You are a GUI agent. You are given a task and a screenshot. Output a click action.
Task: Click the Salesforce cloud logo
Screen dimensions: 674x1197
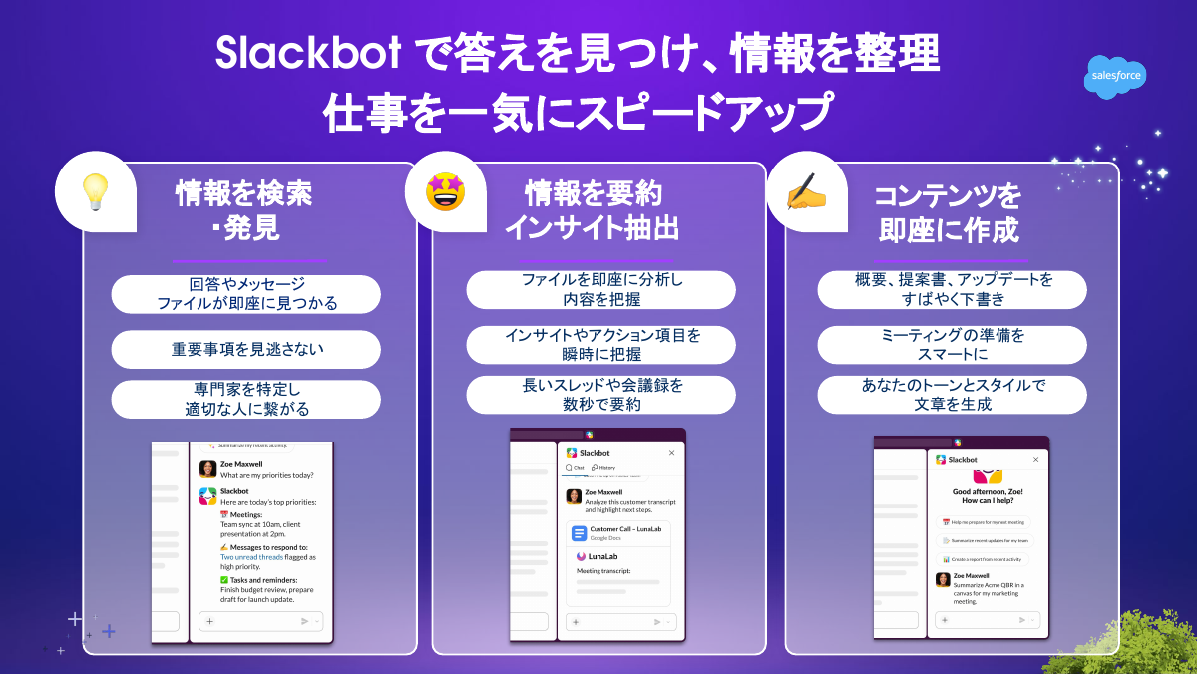click(1115, 77)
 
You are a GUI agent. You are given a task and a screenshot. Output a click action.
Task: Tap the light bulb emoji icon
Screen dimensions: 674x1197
click(95, 190)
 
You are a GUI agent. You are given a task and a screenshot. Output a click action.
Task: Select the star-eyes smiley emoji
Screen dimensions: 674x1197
click(445, 190)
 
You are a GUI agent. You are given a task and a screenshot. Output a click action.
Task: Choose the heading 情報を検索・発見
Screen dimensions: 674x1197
click(244, 210)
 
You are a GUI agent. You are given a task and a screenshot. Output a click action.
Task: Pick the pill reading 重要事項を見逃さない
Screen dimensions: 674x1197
click(246, 350)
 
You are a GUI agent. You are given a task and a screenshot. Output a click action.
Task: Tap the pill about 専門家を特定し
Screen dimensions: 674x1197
click(246, 398)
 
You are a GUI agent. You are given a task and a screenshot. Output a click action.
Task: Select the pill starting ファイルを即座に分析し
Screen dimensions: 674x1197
click(600, 290)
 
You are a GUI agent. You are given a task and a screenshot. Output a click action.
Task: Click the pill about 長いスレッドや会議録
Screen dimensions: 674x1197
click(600, 394)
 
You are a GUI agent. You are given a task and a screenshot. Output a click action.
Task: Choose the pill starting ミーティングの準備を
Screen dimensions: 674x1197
click(952, 344)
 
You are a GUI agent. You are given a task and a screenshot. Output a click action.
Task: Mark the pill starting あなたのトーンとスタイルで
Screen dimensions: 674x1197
click(952, 394)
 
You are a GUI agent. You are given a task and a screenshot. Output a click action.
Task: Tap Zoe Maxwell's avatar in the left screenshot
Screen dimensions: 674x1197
click(207, 469)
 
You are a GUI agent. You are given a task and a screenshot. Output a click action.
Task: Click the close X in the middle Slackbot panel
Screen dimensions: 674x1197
click(671, 453)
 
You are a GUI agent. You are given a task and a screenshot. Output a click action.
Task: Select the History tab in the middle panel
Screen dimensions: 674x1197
click(603, 467)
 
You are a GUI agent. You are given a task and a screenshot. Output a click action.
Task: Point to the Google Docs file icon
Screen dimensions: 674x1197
click(579, 533)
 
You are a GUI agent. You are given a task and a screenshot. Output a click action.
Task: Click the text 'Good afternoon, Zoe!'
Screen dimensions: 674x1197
click(988, 492)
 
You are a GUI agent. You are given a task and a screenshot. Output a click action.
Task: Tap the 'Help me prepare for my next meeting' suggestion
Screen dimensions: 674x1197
click(986, 522)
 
